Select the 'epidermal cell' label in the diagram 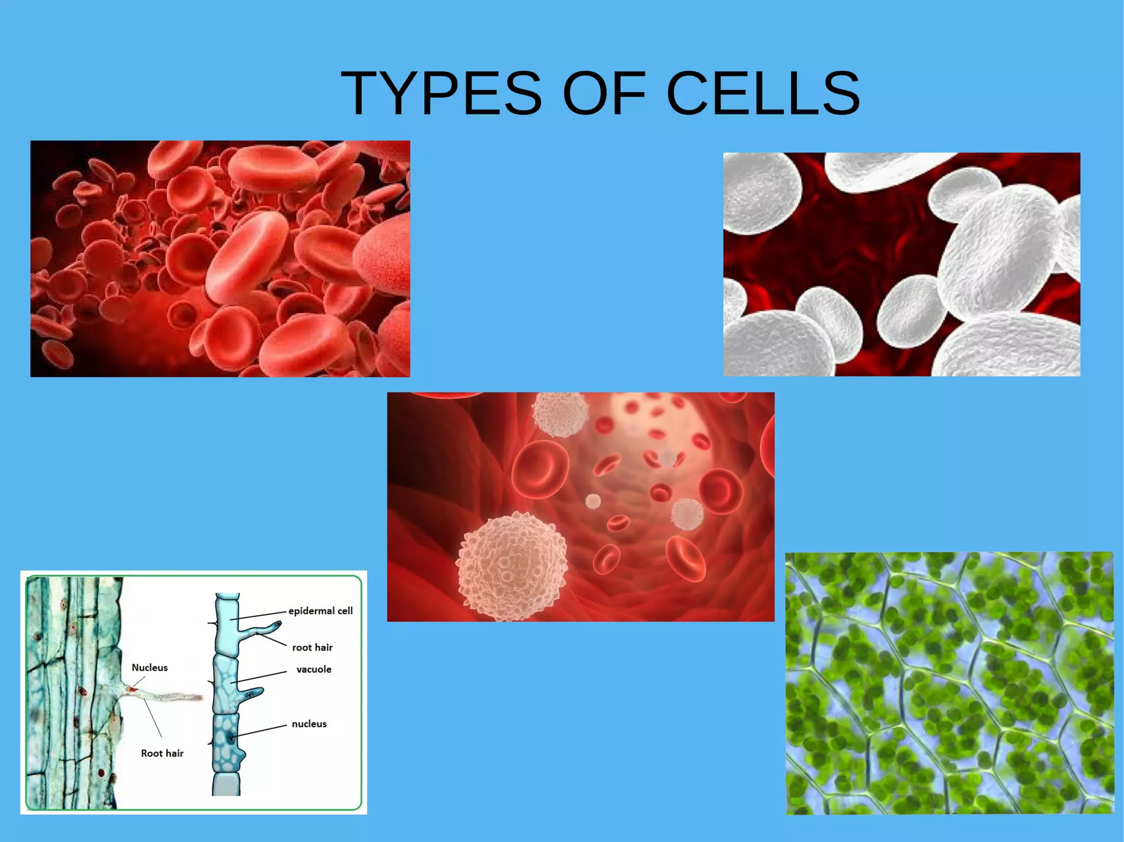321,611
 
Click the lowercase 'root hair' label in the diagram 312,647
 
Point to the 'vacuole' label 314,669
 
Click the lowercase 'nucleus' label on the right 309,724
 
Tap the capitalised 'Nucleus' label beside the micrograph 149,668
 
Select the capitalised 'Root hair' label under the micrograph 162,753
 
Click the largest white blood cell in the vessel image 512,565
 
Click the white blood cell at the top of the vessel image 560,414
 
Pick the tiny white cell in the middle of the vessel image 593,501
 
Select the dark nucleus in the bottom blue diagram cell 232,739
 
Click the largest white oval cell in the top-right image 999,255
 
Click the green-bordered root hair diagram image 193,692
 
